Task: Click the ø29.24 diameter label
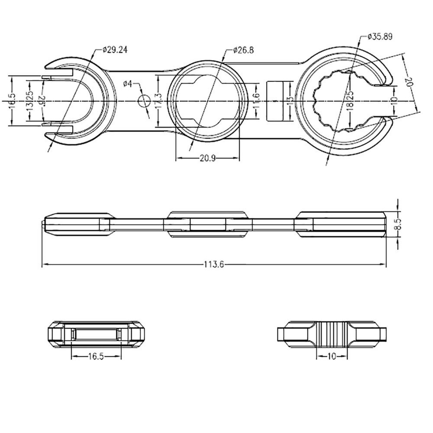115,50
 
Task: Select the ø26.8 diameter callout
243,50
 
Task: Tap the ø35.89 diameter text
380,37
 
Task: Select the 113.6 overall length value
213,265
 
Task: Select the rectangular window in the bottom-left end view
96,334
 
